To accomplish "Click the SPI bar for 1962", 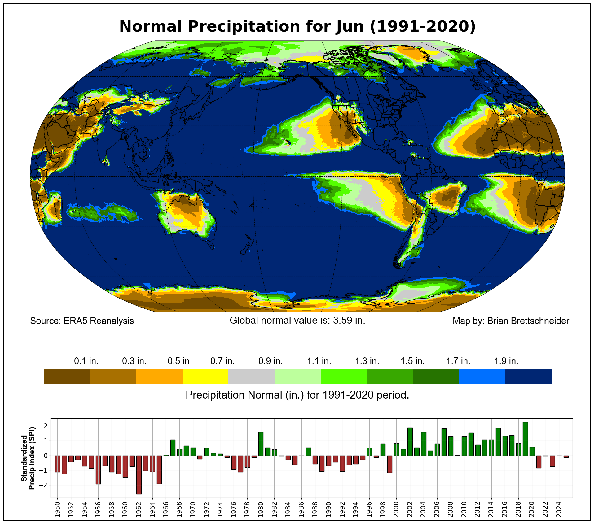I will point(139,474).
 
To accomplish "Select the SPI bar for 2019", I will point(525,439).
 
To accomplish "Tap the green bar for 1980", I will point(261,444).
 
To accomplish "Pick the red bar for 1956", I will point(98,470).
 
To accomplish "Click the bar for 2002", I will point(410,442).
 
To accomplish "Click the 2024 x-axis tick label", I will point(559,509).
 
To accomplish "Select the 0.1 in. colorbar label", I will point(86,361).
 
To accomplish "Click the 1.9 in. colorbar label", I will point(506,361).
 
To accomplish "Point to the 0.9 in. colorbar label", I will point(271,361).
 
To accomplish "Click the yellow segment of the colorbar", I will point(205,376).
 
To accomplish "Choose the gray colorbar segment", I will point(251,376).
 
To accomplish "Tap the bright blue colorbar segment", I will point(482,376).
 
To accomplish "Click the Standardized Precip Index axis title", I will point(28,458).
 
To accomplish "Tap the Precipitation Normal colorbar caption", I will point(297,395).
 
